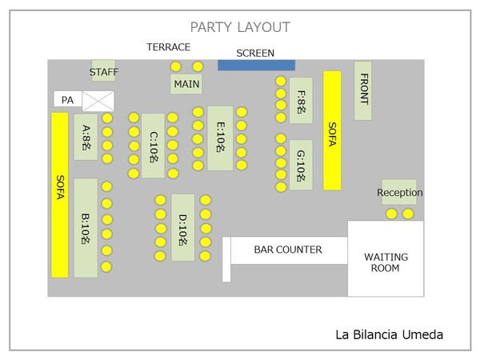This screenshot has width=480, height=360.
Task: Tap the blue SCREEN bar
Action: (x=256, y=65)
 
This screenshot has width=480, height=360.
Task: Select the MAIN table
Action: (x=186, y=84)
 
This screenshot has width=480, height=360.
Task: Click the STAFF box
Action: (x=103, y=71)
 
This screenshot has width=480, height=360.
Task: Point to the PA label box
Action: (x=67, y=101)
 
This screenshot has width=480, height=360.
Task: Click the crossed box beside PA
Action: (x=98, y=101)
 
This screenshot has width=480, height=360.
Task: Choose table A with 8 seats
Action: (x=86, y=138)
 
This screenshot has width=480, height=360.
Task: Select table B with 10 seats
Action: (x=86, y=228)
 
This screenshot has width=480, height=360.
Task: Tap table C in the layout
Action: (x=153, y=146)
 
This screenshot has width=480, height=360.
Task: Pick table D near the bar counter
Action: (x=182, y=227)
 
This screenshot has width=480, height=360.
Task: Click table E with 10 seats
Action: (x=220, y=138)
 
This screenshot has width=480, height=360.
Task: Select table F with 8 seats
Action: (x=301, y=101)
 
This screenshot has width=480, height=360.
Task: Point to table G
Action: (x=301, y=165)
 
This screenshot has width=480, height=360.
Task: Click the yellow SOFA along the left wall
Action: (x=60, y=194)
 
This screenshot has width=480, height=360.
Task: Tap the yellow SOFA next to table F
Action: (x=332, y=130)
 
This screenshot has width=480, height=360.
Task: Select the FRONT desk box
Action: (x=362, y=90)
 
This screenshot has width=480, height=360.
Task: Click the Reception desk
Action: (x=399, y=193)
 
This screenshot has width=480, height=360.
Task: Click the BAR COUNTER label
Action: (x=288, y=250)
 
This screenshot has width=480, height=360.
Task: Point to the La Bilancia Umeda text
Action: (x=389, y=335)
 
